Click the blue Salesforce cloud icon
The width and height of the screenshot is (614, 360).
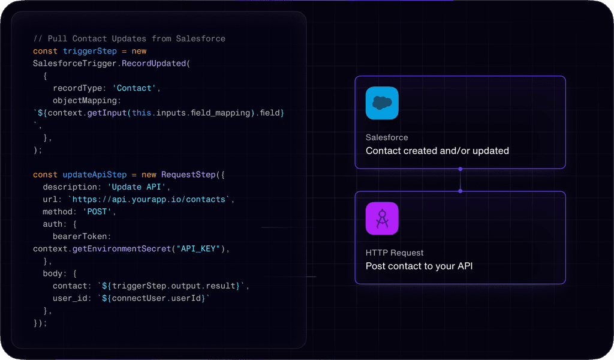[382, 103]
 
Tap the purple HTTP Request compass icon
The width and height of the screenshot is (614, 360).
[382, 218]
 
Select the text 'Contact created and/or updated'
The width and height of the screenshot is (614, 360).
[437, 151]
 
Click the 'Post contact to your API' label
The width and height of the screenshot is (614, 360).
[419, 266]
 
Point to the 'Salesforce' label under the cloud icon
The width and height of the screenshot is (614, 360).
[387, 137]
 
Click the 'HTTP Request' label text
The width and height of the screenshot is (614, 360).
[395, 253]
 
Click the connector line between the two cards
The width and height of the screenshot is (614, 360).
[460, 180]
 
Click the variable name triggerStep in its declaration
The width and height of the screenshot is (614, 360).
[90, 52]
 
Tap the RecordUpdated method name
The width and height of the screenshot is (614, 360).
[153, 64]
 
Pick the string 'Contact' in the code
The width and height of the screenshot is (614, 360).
[134, 88]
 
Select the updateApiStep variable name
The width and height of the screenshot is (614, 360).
[95, 175]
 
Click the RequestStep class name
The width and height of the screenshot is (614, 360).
[188, 175]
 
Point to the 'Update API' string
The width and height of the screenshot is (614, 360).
[137, 187]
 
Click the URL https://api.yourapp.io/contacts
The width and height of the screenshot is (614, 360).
[149, 199]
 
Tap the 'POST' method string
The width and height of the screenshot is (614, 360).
[97, 212]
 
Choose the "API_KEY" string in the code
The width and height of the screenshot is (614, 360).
[198, 249]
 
